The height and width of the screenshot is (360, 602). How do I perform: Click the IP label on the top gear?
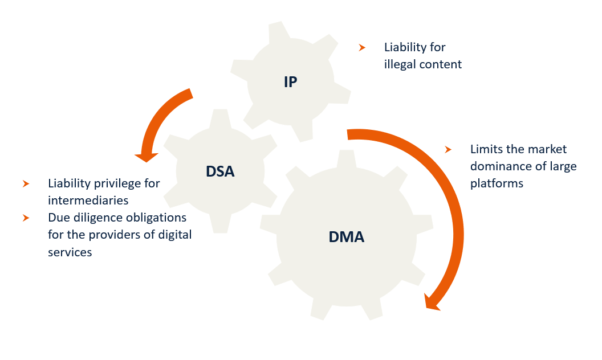point(290,82)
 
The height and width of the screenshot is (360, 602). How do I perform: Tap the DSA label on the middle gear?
point(220,170)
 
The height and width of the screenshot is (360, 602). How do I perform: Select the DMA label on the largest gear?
point(346,236)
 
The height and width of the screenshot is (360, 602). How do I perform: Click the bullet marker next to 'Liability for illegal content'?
point(362,48)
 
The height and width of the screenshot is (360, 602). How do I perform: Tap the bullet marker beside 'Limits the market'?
point(448,149)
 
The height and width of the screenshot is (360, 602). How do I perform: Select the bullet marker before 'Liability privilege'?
point(26,184)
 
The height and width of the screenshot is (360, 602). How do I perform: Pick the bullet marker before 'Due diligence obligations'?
point(26,218)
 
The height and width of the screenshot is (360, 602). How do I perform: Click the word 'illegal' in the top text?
point(400,64)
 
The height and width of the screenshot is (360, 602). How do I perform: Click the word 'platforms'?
point(497,183)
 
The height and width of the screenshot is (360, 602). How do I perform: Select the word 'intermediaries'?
point(88,201)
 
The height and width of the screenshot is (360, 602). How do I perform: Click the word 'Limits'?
point(487,149)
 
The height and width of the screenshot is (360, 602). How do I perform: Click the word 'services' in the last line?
point(70,252)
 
